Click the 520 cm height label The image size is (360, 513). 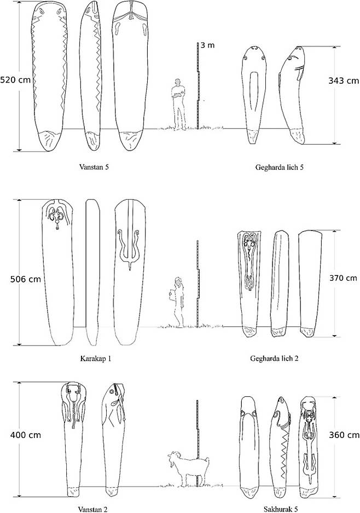[x=15, y=80]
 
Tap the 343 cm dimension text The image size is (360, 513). [x=344, y=81]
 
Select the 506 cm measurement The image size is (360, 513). [x=26, y=279]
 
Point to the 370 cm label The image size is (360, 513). [x=343, y=278]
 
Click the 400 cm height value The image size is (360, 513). [x=26, y=435]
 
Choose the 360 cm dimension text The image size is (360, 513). [x=344, y=435]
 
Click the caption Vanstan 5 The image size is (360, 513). [x=94, y=167]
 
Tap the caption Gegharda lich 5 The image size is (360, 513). [x=279, y=168]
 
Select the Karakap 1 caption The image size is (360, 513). [x=96, y=359]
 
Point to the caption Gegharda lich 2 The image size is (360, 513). [x=274, y=359]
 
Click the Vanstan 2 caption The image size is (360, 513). [x=92, y=509]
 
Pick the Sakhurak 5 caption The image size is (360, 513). [x=281, y=509]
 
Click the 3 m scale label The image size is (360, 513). [x=208, y=45]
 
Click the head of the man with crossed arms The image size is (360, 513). [x=178, y=82]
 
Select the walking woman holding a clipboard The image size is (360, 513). [x=178, y=302]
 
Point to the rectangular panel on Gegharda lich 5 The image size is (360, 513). [x=253, y=91]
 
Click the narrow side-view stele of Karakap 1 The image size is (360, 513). [x=92, y=272]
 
